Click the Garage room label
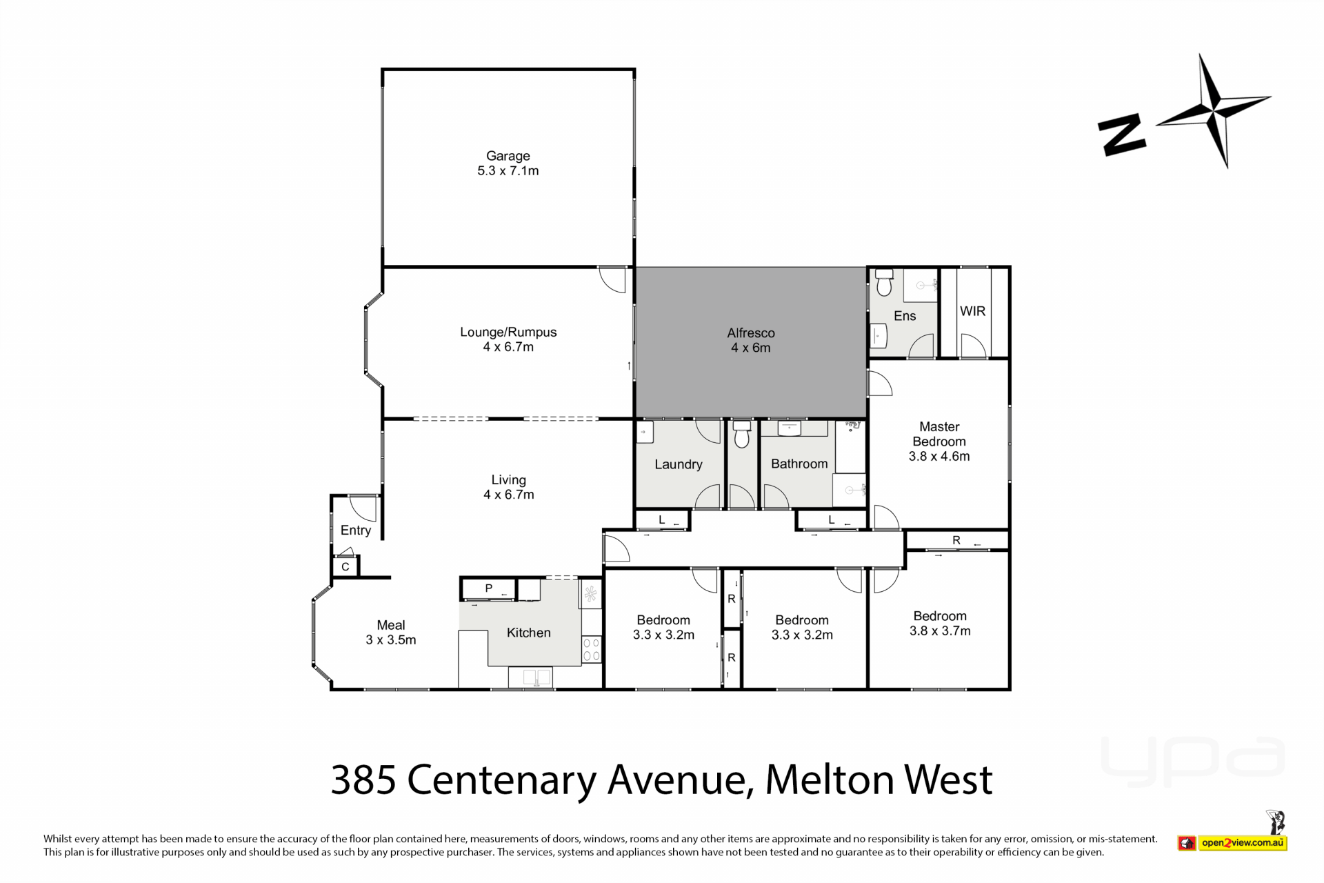click(508, 156)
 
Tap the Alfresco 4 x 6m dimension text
click(751, 348)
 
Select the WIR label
click(972, 311)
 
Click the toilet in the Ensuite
click(884, 282)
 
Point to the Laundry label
click(679, 464)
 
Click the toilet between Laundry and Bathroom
click(742, 435)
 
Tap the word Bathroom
click(799, 464)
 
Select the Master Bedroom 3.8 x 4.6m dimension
click(939, 456)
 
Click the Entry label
click(356, 530)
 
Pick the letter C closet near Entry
click(345, 567)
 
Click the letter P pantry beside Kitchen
click(489, 588)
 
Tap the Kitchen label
click(529, 633)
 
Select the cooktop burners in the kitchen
click(592, 650)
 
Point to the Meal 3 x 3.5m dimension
click(391, 640)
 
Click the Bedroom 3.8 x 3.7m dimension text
click(940, 631)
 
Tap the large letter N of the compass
click(1122, 135)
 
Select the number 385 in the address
click(363, 780)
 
